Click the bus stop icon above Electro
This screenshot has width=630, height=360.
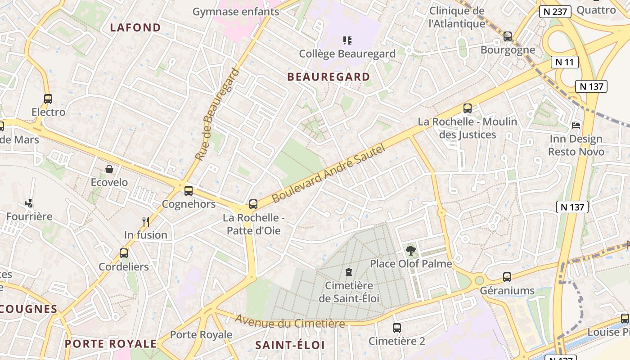point(48,99)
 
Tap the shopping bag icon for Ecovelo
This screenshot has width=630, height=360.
point(109,169)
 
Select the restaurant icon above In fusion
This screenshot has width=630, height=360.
point(145,221)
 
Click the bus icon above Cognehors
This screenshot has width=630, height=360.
point(189,191)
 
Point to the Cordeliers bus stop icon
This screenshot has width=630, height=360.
point(124,253)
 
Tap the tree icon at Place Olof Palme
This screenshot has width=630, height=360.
point(410,250)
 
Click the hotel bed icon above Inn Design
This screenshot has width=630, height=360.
point(576,125)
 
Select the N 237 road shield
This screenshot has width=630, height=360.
point(555,12)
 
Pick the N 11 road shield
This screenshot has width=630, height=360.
point(565,62)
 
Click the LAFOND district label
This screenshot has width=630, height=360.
point(135,27)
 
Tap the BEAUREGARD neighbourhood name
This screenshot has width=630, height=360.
point(328,77)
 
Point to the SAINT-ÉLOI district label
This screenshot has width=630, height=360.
point(290,345)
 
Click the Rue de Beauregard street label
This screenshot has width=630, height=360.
point(216,114)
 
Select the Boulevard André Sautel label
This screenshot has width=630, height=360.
point(329,173)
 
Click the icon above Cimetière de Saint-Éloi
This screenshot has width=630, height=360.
point(349,272)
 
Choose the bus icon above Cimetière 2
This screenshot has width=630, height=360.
point(396,328)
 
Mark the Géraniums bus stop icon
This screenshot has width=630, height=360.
point(507,277)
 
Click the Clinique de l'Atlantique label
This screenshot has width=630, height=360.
point(457,17)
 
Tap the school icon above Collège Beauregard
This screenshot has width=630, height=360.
point(347,41)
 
